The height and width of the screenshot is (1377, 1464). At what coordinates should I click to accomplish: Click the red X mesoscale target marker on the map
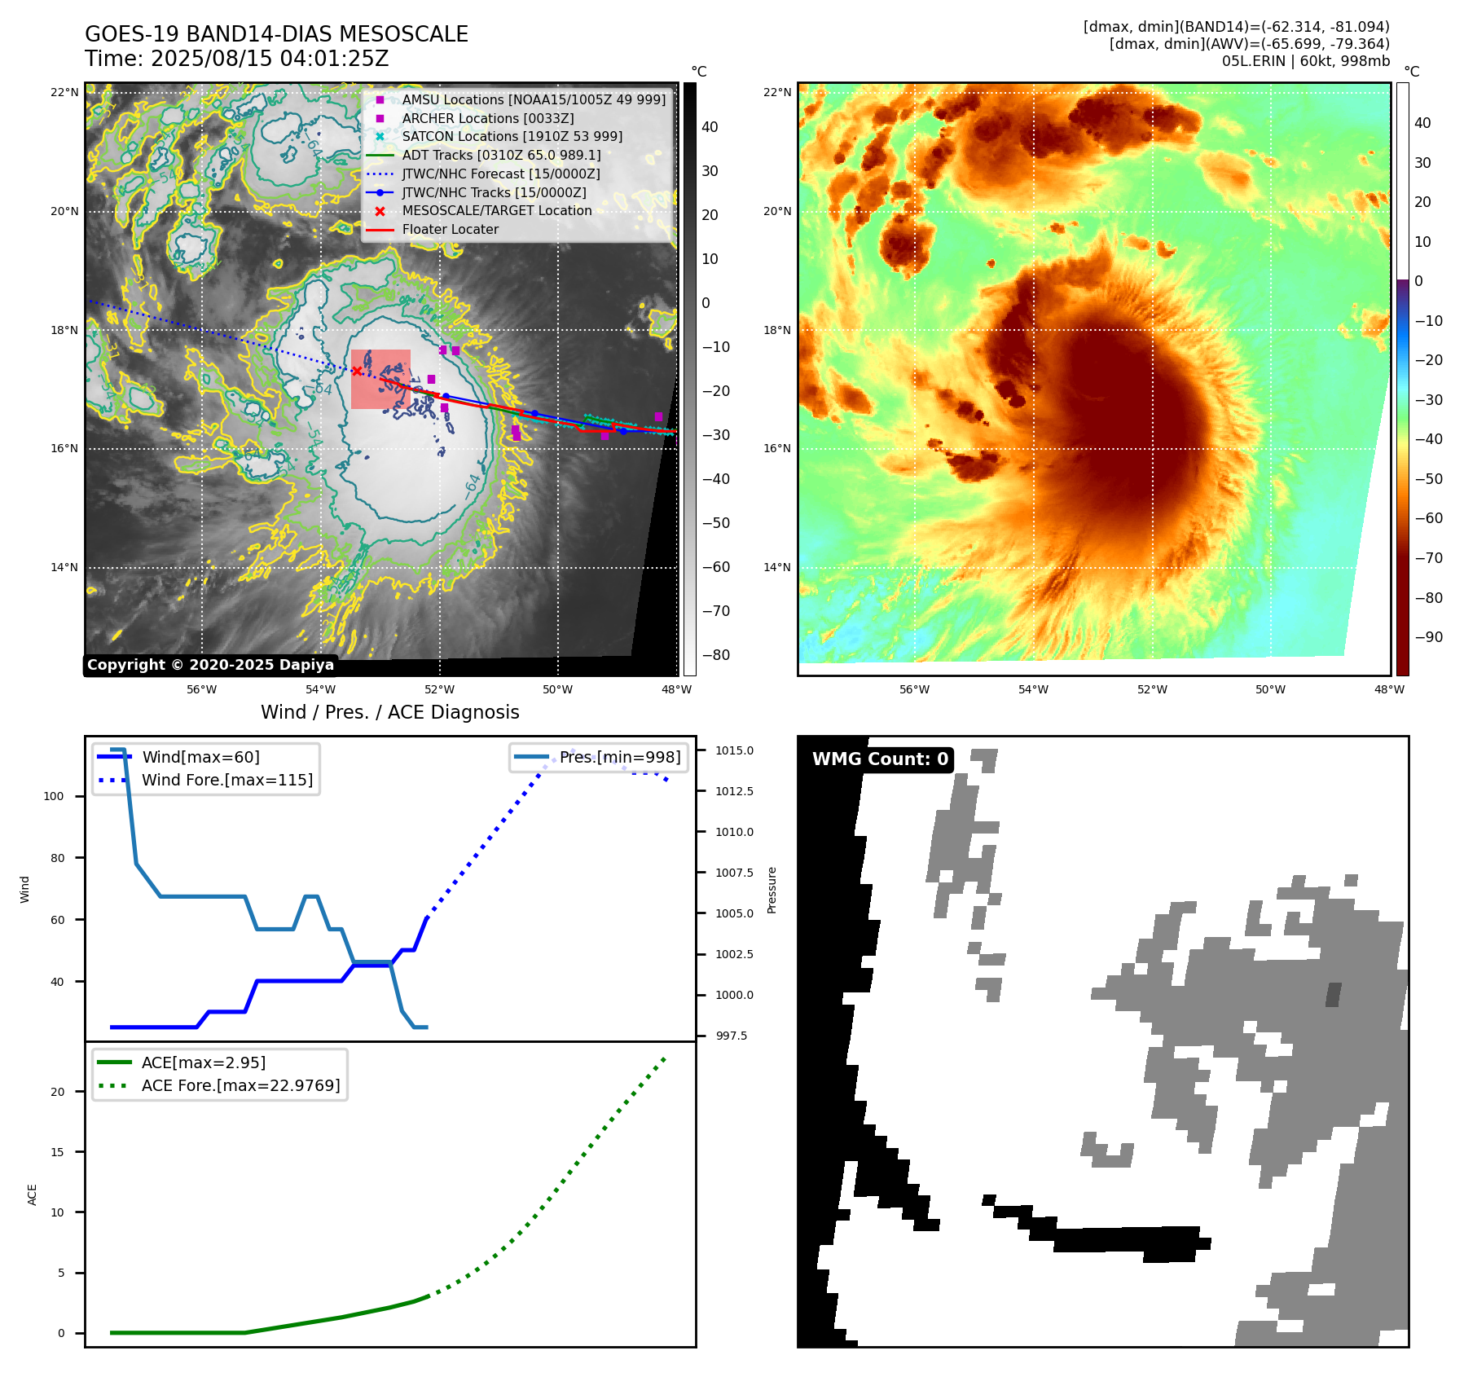pyautogui.click(x=357, y=371)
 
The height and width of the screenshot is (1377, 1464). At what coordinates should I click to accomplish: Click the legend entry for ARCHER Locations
pyautogui.click(x=487, y=118)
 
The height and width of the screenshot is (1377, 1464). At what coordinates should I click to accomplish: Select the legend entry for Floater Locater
pyautogui.click(x=450, y=230)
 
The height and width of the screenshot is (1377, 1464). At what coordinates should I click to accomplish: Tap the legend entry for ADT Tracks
pyautogui.click(x=501, y=155)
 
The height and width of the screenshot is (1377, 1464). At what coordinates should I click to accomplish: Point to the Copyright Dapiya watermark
pyautogui.click(x=210, y=665)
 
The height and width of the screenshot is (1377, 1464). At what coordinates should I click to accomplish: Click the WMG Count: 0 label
pyautogui.click(x=880, y=759)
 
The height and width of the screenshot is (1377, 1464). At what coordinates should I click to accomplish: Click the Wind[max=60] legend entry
pyautogui.click(x=200, y=757)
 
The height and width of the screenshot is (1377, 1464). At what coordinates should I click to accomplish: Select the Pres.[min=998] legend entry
pyautogui.click(x=619, y=757)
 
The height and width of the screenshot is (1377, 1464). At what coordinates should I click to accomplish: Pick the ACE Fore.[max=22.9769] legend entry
pyautogui.click(x=240, y=1085)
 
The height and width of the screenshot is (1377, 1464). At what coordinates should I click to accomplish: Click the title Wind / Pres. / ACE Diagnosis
pyautogui.click(x=389, y=712)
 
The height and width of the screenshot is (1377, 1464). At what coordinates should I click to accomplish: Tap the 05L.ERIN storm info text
pyautogui.click(x=1305, y=61)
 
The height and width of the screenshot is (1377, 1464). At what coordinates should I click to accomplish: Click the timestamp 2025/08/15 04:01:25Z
pyautogui.click(x=270, y=59)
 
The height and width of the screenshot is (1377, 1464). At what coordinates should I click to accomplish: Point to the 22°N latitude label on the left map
pyautogui.click(x=64, y=92)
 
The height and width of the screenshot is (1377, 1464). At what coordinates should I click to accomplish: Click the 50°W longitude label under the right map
pyautogui.click(x=1270, y=689)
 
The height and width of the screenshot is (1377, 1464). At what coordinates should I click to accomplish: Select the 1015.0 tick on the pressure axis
pyautogui.click(x=734, y=750)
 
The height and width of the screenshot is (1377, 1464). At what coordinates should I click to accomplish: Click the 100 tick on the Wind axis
pyautogui.click(x=54, y=796)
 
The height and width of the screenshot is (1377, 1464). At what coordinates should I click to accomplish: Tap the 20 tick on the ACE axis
pyautogui.click(x=57, y=1092)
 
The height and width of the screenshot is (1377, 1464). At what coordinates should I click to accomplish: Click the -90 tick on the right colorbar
pyautogui.click(x=1428, y=637)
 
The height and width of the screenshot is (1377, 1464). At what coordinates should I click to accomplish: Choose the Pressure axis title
pyautogui.click(x=772, y=890)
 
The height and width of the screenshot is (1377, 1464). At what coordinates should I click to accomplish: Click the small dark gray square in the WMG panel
pyautogui.click(x=1333, y=995)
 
